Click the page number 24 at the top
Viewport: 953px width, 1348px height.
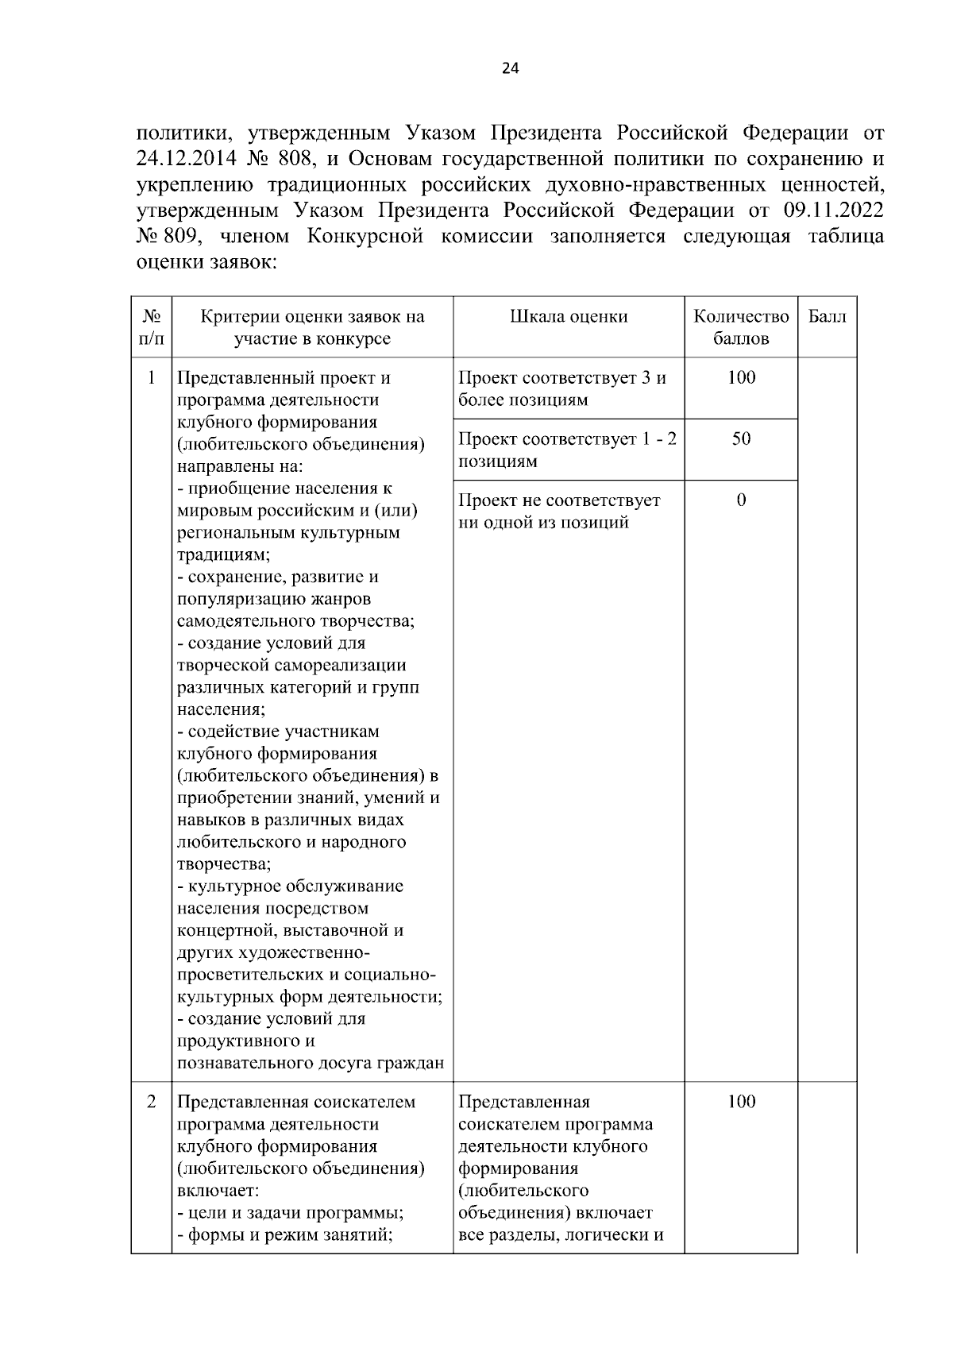tap(510, 68)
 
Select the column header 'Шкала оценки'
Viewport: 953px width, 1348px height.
tap(569, 316)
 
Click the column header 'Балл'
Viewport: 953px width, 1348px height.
tap(828, 316)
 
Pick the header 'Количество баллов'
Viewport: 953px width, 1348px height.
tap(741, 327)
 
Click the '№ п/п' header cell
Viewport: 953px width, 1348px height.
tap(151, 327)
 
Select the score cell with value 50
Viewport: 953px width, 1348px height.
tap(741, 438)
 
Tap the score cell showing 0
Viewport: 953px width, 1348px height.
tap(741, 500)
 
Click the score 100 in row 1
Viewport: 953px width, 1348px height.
tap(741, 377)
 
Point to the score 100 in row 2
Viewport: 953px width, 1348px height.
tap(741, 1102)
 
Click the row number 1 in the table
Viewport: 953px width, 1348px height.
tap(151, 377)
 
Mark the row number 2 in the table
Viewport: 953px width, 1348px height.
tap(151, 1102)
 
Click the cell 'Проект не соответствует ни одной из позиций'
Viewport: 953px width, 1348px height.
tap(559, 511)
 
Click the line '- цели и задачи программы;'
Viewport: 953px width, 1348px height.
tap(291, 1213)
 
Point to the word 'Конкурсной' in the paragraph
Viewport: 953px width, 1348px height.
tap(365, 237)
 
